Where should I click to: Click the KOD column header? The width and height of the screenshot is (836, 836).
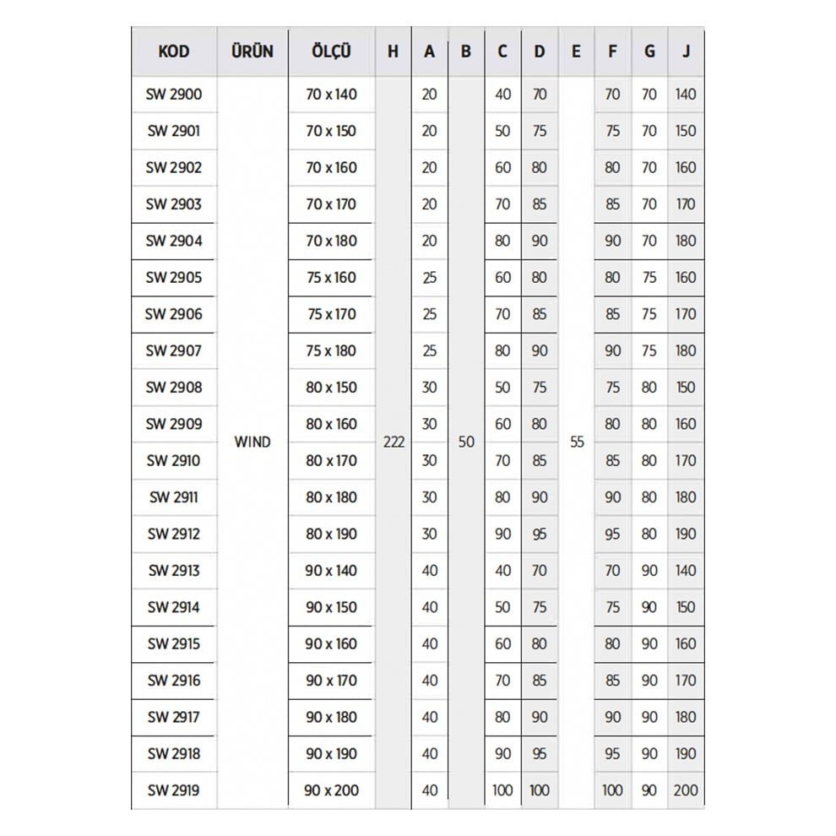(x=174, y=51)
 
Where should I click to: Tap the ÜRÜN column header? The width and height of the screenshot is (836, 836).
(x=252, y=51)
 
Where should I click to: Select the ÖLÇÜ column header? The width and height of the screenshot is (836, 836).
(x=331, y=51)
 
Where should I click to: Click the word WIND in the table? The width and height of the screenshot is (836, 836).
(x=252, y=442)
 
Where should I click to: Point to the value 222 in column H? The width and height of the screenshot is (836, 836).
(x=394, y=442)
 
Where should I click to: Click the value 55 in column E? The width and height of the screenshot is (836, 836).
(x=577, y=442)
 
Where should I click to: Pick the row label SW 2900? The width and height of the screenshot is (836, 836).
(x=174, y=94)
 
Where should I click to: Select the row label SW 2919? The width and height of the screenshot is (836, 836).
(x=174, y=790)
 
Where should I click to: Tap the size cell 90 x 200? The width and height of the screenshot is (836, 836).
(x=332, y=790)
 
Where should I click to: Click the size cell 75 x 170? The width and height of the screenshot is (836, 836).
(x=332, y=314)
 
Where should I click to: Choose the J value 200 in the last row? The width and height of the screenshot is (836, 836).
(x=686, y=790)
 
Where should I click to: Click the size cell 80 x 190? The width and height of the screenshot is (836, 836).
(x=332, y=534)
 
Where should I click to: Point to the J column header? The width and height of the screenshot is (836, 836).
(x=686, y=51)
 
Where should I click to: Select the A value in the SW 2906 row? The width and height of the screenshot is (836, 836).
(x=429, y=314)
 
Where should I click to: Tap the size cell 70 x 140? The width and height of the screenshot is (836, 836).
(x=332, y=94)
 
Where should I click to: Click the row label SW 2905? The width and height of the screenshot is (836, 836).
(x=174, y=277)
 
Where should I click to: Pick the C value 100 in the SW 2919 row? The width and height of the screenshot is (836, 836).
(x=502, y=790)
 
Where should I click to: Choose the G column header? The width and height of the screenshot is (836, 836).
(x=649, y=51)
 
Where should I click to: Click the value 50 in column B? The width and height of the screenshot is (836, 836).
(x=466, y=442)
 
